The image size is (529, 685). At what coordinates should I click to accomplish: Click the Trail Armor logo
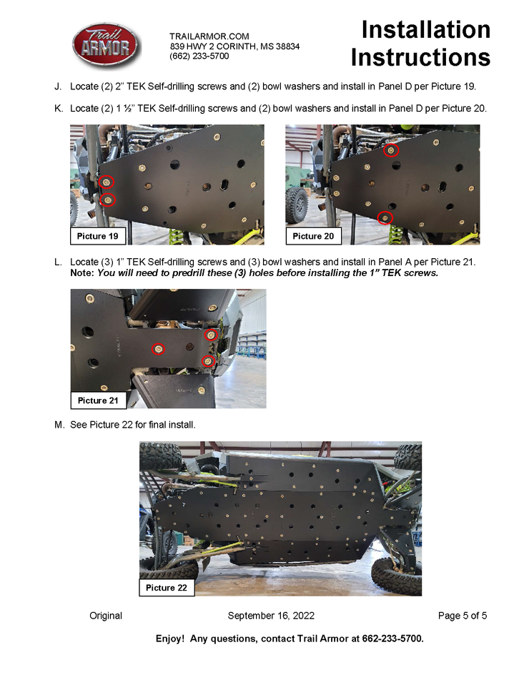[x=106, y=45]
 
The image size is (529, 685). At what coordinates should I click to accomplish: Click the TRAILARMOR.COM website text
[x=209, y=36]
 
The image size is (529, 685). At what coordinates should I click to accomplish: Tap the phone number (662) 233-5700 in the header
[x=199, y=56]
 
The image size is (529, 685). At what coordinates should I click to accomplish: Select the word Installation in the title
[x=426, y=30]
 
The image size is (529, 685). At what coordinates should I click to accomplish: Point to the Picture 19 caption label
[x=98, y=236]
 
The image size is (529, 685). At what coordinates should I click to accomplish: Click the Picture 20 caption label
[x=313, y=236]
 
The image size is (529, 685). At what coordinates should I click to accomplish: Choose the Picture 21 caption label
[x=98, y=400]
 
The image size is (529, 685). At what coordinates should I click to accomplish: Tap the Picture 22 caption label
[x=167, y=588]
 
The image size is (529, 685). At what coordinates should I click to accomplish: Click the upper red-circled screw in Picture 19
[x=106, y=182]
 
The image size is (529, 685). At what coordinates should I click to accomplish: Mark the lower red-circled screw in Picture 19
[x=108, y=200]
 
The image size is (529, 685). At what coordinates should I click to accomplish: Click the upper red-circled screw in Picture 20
[x=391, y=150]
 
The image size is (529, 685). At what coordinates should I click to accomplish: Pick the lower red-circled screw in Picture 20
[x=385, y=217]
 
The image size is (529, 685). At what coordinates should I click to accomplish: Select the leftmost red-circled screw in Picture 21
[x=158, y=349]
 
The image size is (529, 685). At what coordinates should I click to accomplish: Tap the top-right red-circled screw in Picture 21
[x=211, y=335]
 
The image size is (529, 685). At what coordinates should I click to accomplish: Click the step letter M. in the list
[x=59, y=425]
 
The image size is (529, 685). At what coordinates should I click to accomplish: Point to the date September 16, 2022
[x=271, y=616]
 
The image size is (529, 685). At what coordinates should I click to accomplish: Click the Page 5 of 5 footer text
[x=463, y=616]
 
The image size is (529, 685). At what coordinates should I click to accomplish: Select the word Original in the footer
[x=106, y=616]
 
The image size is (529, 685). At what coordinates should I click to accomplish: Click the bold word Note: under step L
[x=82, y=273]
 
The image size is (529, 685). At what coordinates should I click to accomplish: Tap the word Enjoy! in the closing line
[x=170, y=639]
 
